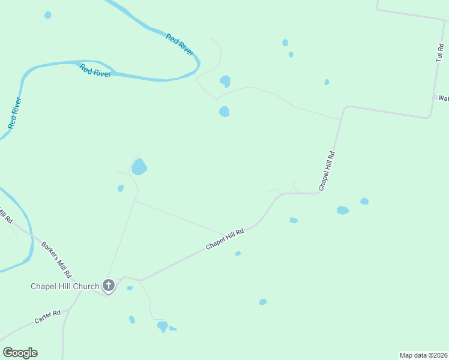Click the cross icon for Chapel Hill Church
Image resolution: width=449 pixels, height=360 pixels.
click(109, 285)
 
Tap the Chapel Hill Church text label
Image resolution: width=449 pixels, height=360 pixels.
click(65, 286)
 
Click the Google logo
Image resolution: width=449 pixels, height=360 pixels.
click(20, 353)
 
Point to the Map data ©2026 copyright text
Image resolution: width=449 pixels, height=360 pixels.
click(423, 355)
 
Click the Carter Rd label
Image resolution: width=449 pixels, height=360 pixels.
click(47, 316)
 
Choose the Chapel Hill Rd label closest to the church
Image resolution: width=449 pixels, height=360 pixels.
click(225, 239)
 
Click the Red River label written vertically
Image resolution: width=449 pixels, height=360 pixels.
click(15, 113)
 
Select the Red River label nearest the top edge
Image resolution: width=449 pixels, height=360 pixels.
click(179, 46)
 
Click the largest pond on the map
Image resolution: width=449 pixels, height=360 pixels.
click(139, 166)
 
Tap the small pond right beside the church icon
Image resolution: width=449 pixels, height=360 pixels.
click(130, 288)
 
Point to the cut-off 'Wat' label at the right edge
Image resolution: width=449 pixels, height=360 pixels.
click(443, 98)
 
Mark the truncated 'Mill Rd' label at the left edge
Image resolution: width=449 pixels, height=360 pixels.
click(6, 214)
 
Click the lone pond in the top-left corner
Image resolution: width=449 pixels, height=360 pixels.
click(47, 15)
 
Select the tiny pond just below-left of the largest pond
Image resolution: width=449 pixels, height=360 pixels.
click(121, 188)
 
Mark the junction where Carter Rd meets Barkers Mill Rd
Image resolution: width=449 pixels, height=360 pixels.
click(70, 309)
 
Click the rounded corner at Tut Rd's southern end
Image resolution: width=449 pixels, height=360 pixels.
click(428, 116)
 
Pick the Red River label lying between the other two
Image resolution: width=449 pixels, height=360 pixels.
click(95, 70)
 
